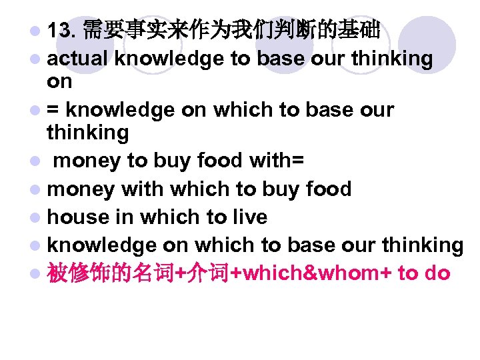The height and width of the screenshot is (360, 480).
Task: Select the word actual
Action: tap(77, 59)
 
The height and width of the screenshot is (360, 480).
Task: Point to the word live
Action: tap(248, 217)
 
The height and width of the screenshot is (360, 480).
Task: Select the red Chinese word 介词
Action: tap(205, 273)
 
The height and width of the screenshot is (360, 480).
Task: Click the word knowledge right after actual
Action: tap(169, 59)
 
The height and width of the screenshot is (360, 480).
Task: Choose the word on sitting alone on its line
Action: tap(59, 81)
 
